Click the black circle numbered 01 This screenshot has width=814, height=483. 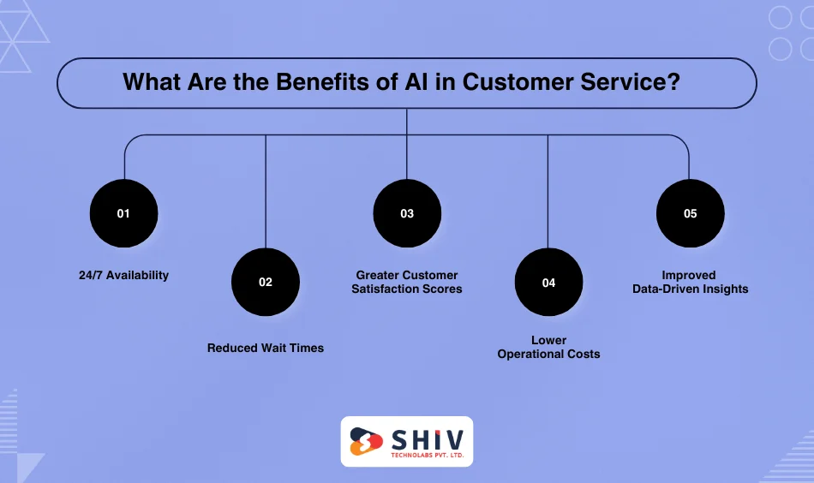click(x=123, y=213)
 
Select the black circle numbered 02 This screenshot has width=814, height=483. click(x=266, y=282)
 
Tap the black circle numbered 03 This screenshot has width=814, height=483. click(x=407, y=213)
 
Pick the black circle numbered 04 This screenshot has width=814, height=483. click(x=548, y=282)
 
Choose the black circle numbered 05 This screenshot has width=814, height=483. click(x=690, y=213)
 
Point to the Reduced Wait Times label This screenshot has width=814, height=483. click(x=266, y=348)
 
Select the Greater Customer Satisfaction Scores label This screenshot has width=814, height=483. click(x=407, y=282)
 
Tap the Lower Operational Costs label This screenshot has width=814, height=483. click(x=548, y=347)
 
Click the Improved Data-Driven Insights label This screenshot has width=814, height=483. click(x=690, y=282)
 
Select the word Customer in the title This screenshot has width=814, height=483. click(x=509, y=82)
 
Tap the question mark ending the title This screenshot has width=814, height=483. click(x=685, y=82)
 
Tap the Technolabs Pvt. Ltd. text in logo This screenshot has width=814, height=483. click(x=426, y=456)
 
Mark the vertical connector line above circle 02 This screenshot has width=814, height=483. click(x=266, y=188)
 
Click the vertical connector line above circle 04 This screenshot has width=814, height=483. click(x=548, y=188)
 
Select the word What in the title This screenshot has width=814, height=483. click(x=151, y=82)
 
